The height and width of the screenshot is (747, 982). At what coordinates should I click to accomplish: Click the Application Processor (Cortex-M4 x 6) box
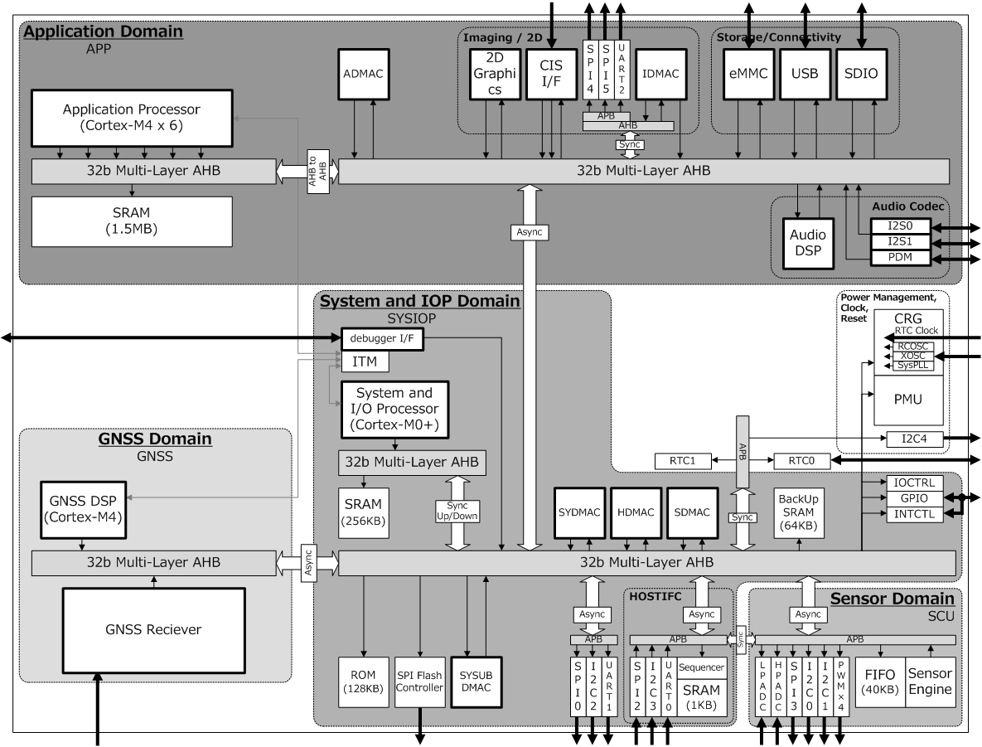click(131, 117)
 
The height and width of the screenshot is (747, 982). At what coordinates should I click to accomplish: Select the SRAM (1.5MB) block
click(131, 221)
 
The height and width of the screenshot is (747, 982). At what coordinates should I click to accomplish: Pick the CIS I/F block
click(551, 74)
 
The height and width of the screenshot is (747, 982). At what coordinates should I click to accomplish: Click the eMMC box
click(747, 74)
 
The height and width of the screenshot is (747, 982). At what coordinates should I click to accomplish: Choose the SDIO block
click(861, 74)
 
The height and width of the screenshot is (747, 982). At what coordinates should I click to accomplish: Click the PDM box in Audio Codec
click(901, 259)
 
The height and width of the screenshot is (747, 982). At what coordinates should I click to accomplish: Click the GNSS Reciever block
click(153, 629)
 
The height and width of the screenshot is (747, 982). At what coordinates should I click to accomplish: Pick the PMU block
click(909, 399)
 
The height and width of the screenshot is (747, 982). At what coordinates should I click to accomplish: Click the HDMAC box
click(634, 512)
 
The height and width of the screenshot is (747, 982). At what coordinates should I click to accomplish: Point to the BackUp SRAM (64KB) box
click(798, 512)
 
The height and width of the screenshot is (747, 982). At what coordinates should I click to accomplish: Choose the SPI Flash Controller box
click(419, 682)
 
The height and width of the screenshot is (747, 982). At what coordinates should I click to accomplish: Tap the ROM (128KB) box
click(363, 682)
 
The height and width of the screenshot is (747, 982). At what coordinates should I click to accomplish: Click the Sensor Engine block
click(930, 682)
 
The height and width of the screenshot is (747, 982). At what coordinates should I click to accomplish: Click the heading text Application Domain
click(104, 32)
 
